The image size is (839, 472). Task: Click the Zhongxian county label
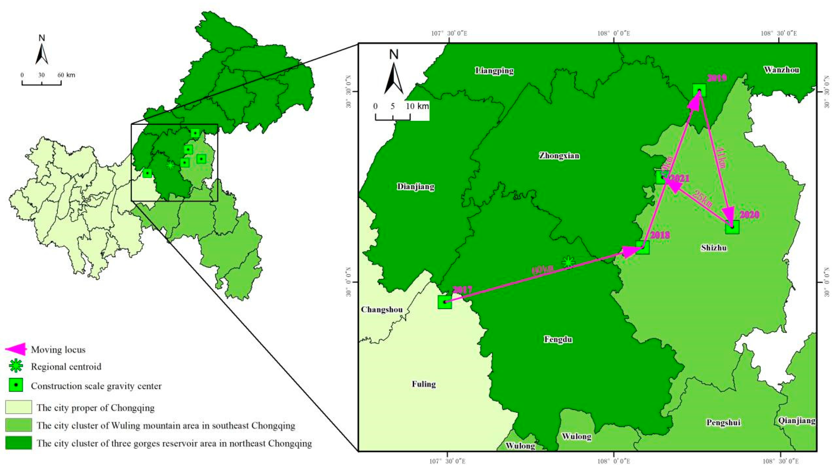pyautogui.click(x=559, y=156)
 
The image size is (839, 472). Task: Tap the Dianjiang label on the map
pyautogui.click(x=416, y=187)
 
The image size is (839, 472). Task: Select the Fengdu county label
pyautogui.click(x=558, y=340)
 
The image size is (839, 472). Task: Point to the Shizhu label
pyautogui.click(x=714, y=248)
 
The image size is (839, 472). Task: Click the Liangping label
pyautogui.click(x=494, y=71)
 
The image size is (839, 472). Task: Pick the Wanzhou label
pyautogui.click(x=781, y=70)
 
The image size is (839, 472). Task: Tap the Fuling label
pyautogui.click(x=424, y=384)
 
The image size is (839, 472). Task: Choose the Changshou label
pyautogui.click(x=382, y=309)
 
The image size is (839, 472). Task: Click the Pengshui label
pyautogui.click(x=723, y=422)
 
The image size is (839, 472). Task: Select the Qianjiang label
pyautogui.click(x=797, y=421)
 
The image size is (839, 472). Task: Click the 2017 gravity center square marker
pyautogui.click(x=445, y=302)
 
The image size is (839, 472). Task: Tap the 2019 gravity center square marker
pyautogui.click(x=699, y=90)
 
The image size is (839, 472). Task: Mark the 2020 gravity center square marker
pyautogui.click(x=732, y=227)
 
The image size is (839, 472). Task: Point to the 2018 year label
pyautogui.click(x=660, y=235)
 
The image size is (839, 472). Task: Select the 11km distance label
pyautogui.click(x=721, y=157)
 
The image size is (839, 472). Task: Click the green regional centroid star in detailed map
pyautogui.click(x=568, y=262)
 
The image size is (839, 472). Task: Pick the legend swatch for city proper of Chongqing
pyautogui.click(x=19, y=407)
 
